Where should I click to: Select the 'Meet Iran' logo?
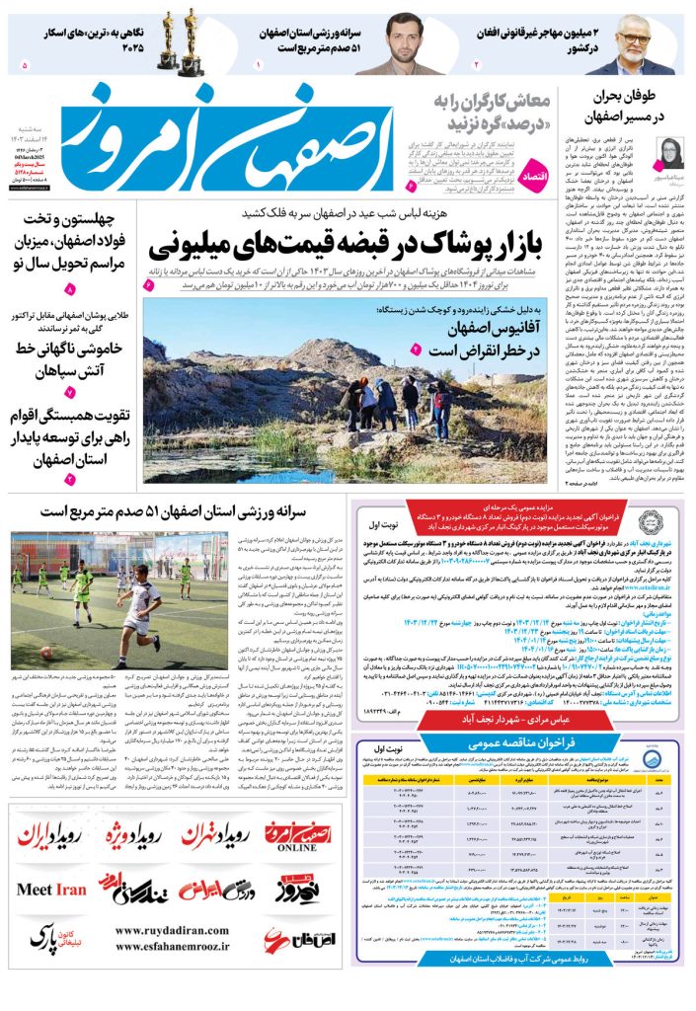[51, 890]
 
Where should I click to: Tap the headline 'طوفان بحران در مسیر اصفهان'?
[641, 107]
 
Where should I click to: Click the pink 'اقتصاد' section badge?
[533, 166]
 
